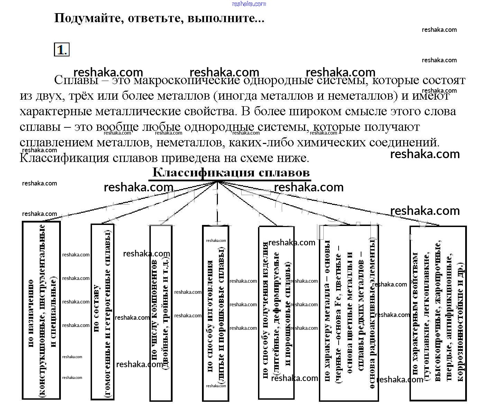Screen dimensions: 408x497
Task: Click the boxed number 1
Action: pyautogui.click(x=61, y=50)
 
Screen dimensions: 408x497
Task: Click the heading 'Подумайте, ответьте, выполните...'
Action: pyautogui.click(x=159, y=18)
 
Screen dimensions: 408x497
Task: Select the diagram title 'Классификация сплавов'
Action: pyautogui.click(x=231, y=172)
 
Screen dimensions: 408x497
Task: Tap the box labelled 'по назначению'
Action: pyautogui.click(x=41, y=310)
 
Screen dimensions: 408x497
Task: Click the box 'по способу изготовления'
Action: pyautogui.click(x=215, y=313)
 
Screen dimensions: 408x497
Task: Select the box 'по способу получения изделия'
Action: pyautogui.click(x=276, y=313)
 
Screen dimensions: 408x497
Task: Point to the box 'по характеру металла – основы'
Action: pyautogui.click(x=349, y=313)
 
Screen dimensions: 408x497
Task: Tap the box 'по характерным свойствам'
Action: pyautogui.click(x=438, y=313)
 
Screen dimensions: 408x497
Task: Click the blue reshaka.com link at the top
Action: pyautogui.click(x=249, y=4)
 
